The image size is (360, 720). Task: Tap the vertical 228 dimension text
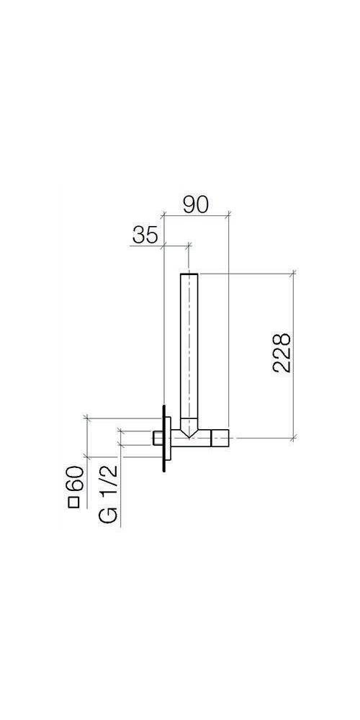point(282,352)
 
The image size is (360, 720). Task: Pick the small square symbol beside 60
point(73,503)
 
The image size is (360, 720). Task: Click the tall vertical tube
point(189,346)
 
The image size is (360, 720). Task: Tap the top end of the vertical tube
point(189,275)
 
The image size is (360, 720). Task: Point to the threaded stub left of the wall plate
point(157,437)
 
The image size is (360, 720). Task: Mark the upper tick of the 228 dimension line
point(293,272)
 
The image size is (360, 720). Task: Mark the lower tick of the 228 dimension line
point(293,437)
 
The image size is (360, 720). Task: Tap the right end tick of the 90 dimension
point(228,215)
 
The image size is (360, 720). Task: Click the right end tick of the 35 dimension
point(189,246)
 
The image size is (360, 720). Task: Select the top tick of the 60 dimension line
point(86,417)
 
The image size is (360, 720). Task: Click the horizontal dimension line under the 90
point(197,215)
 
